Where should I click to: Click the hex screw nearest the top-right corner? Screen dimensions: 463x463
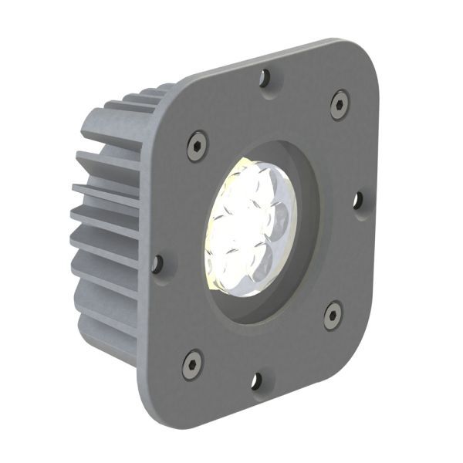[x=340, y=104]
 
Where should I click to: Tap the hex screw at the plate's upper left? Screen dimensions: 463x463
[x=198, y=145]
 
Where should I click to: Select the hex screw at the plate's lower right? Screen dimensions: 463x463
[x=333, y=315]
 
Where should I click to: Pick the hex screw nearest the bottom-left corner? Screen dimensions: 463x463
[x=192, y=363]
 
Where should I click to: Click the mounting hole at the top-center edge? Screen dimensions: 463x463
[x=265, y=77]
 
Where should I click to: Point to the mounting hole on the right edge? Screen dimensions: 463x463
[x=358, y=201]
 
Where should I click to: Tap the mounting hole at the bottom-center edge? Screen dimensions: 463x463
[x=256, y=381]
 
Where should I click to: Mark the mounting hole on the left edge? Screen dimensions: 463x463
[x=157, y=264]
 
